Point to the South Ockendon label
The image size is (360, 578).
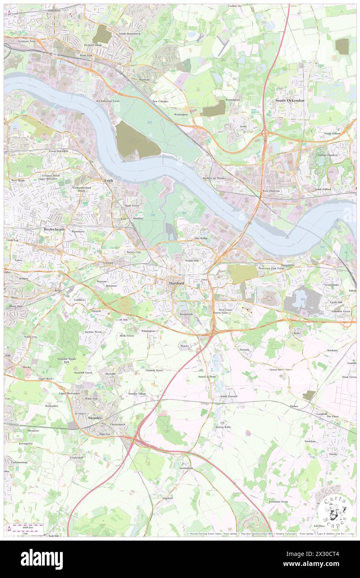(290, 101)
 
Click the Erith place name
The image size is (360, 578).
(108, 181)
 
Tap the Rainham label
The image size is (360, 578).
(144, 79)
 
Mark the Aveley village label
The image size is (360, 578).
(243, 126)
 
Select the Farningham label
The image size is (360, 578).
(187, 468)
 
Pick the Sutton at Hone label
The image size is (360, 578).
(207, 376)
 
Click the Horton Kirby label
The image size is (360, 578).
(223, 427)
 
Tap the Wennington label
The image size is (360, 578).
(181, 114)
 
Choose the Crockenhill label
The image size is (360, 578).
(76, 457)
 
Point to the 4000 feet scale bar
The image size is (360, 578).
(28, 526)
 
